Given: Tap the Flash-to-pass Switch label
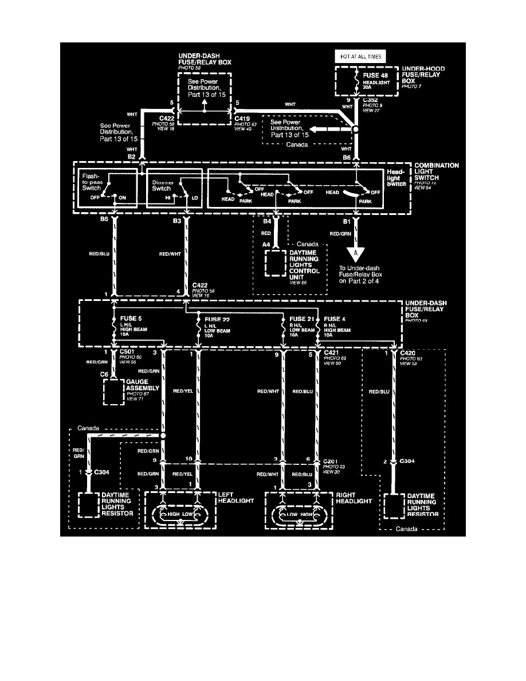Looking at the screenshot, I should [x=92, y=182].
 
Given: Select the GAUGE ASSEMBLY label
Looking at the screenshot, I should [x=142, y=388].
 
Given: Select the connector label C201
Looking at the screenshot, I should [x=331, y=460].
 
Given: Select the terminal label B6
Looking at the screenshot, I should [x=346, y=156].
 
